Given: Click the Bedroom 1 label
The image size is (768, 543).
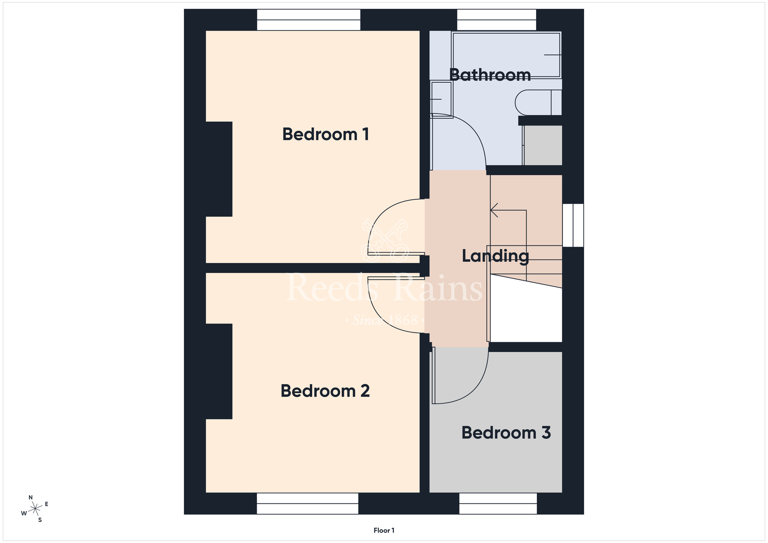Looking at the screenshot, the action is coord(326,134).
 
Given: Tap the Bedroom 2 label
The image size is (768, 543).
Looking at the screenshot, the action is coord(325,391).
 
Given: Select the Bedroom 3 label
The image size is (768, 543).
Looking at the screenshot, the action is coord(506,433).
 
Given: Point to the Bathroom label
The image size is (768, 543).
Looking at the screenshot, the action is coord(490,75).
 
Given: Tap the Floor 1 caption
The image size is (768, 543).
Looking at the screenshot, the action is coord(384,530).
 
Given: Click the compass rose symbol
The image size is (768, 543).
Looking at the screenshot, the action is coord(35,509).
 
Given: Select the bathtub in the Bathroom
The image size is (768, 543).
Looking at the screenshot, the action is coord(506,55).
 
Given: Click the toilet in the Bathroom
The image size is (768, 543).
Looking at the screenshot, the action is coord(538,103).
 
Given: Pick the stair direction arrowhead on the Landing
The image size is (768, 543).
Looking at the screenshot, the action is coord(494,210).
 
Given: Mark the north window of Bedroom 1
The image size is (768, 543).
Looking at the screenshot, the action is coord(309,20).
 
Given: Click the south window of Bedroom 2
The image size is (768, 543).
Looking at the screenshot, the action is coord(308,503).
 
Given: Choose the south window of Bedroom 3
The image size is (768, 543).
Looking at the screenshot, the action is coord(498,503).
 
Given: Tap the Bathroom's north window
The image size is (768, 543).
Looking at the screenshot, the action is coord(497,20).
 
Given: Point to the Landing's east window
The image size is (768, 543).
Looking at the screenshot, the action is coord(573,225).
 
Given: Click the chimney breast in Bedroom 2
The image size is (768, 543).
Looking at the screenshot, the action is coord(219,371).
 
